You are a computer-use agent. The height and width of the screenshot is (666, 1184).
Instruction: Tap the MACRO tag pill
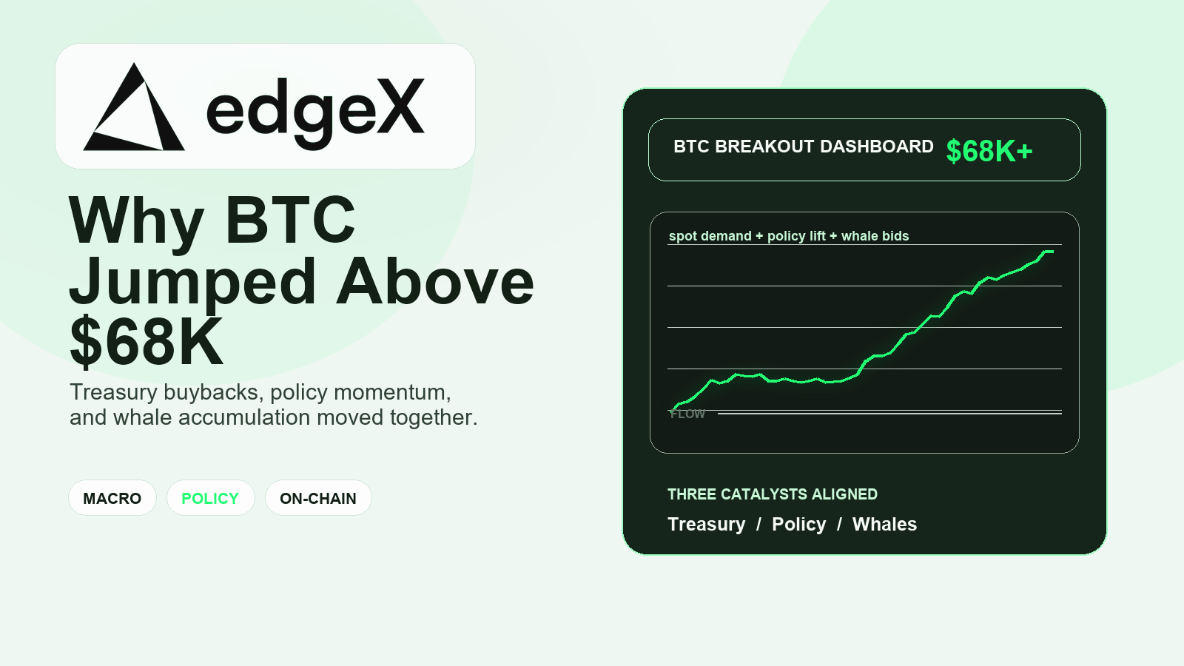pos(112,498)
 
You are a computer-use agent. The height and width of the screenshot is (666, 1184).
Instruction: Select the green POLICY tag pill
pos(210,498)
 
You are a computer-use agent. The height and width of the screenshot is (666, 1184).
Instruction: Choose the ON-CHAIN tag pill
pos(318,498)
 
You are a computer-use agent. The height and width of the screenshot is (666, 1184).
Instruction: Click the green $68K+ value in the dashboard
pos(989,151)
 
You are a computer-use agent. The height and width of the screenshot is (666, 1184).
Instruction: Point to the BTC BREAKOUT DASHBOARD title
pos(804,147)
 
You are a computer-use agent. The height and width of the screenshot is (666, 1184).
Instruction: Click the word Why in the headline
pos(136,221)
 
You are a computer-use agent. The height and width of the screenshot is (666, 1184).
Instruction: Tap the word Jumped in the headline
pos(193,282)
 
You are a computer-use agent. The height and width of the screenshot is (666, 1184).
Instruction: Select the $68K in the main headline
pos(147,341)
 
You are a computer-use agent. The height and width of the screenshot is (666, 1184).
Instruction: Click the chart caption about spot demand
pos(789,236)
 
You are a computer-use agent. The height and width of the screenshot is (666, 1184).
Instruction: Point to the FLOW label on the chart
pos(687,414)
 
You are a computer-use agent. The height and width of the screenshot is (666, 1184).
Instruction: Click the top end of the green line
pos(1053,252)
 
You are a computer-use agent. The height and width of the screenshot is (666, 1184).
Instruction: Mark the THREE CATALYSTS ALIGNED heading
pos(773,494)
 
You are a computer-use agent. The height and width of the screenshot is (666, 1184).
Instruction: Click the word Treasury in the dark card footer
pos(706,525)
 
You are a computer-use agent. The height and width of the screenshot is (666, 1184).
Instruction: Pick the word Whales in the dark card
pos(884,525)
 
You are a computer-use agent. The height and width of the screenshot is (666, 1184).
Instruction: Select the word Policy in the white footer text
pos(798,525)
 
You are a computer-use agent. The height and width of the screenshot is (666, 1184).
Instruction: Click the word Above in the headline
pos(434,282)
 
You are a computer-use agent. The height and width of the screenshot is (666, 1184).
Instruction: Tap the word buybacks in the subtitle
pos(214,392)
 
